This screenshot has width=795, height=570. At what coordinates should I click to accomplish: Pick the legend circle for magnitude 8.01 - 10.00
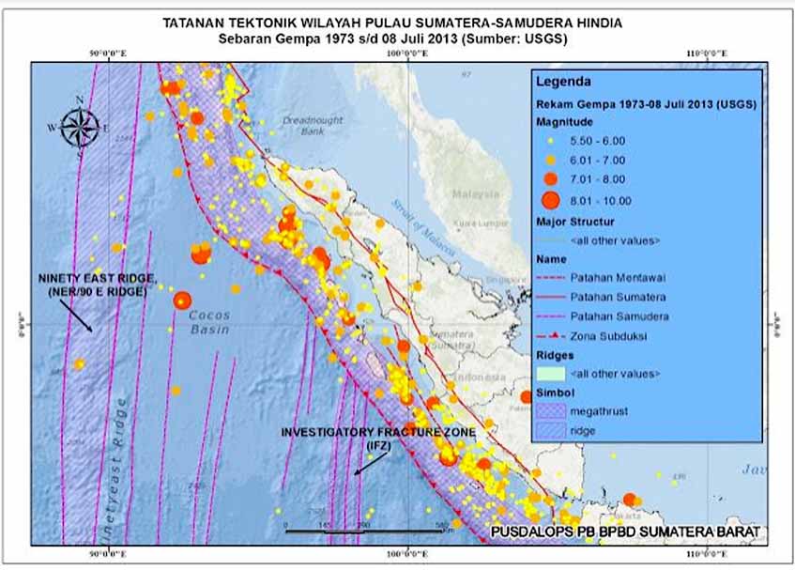coord(550,200)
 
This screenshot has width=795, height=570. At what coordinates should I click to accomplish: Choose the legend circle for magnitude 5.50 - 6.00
coord(550,141)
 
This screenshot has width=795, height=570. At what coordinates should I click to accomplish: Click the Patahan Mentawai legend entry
coord(606,278)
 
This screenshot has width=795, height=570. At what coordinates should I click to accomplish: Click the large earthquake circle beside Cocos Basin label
coord(182,300)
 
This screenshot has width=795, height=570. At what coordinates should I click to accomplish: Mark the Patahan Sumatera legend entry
coord(606,297)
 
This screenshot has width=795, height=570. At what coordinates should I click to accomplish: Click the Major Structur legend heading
coord(575,223)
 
